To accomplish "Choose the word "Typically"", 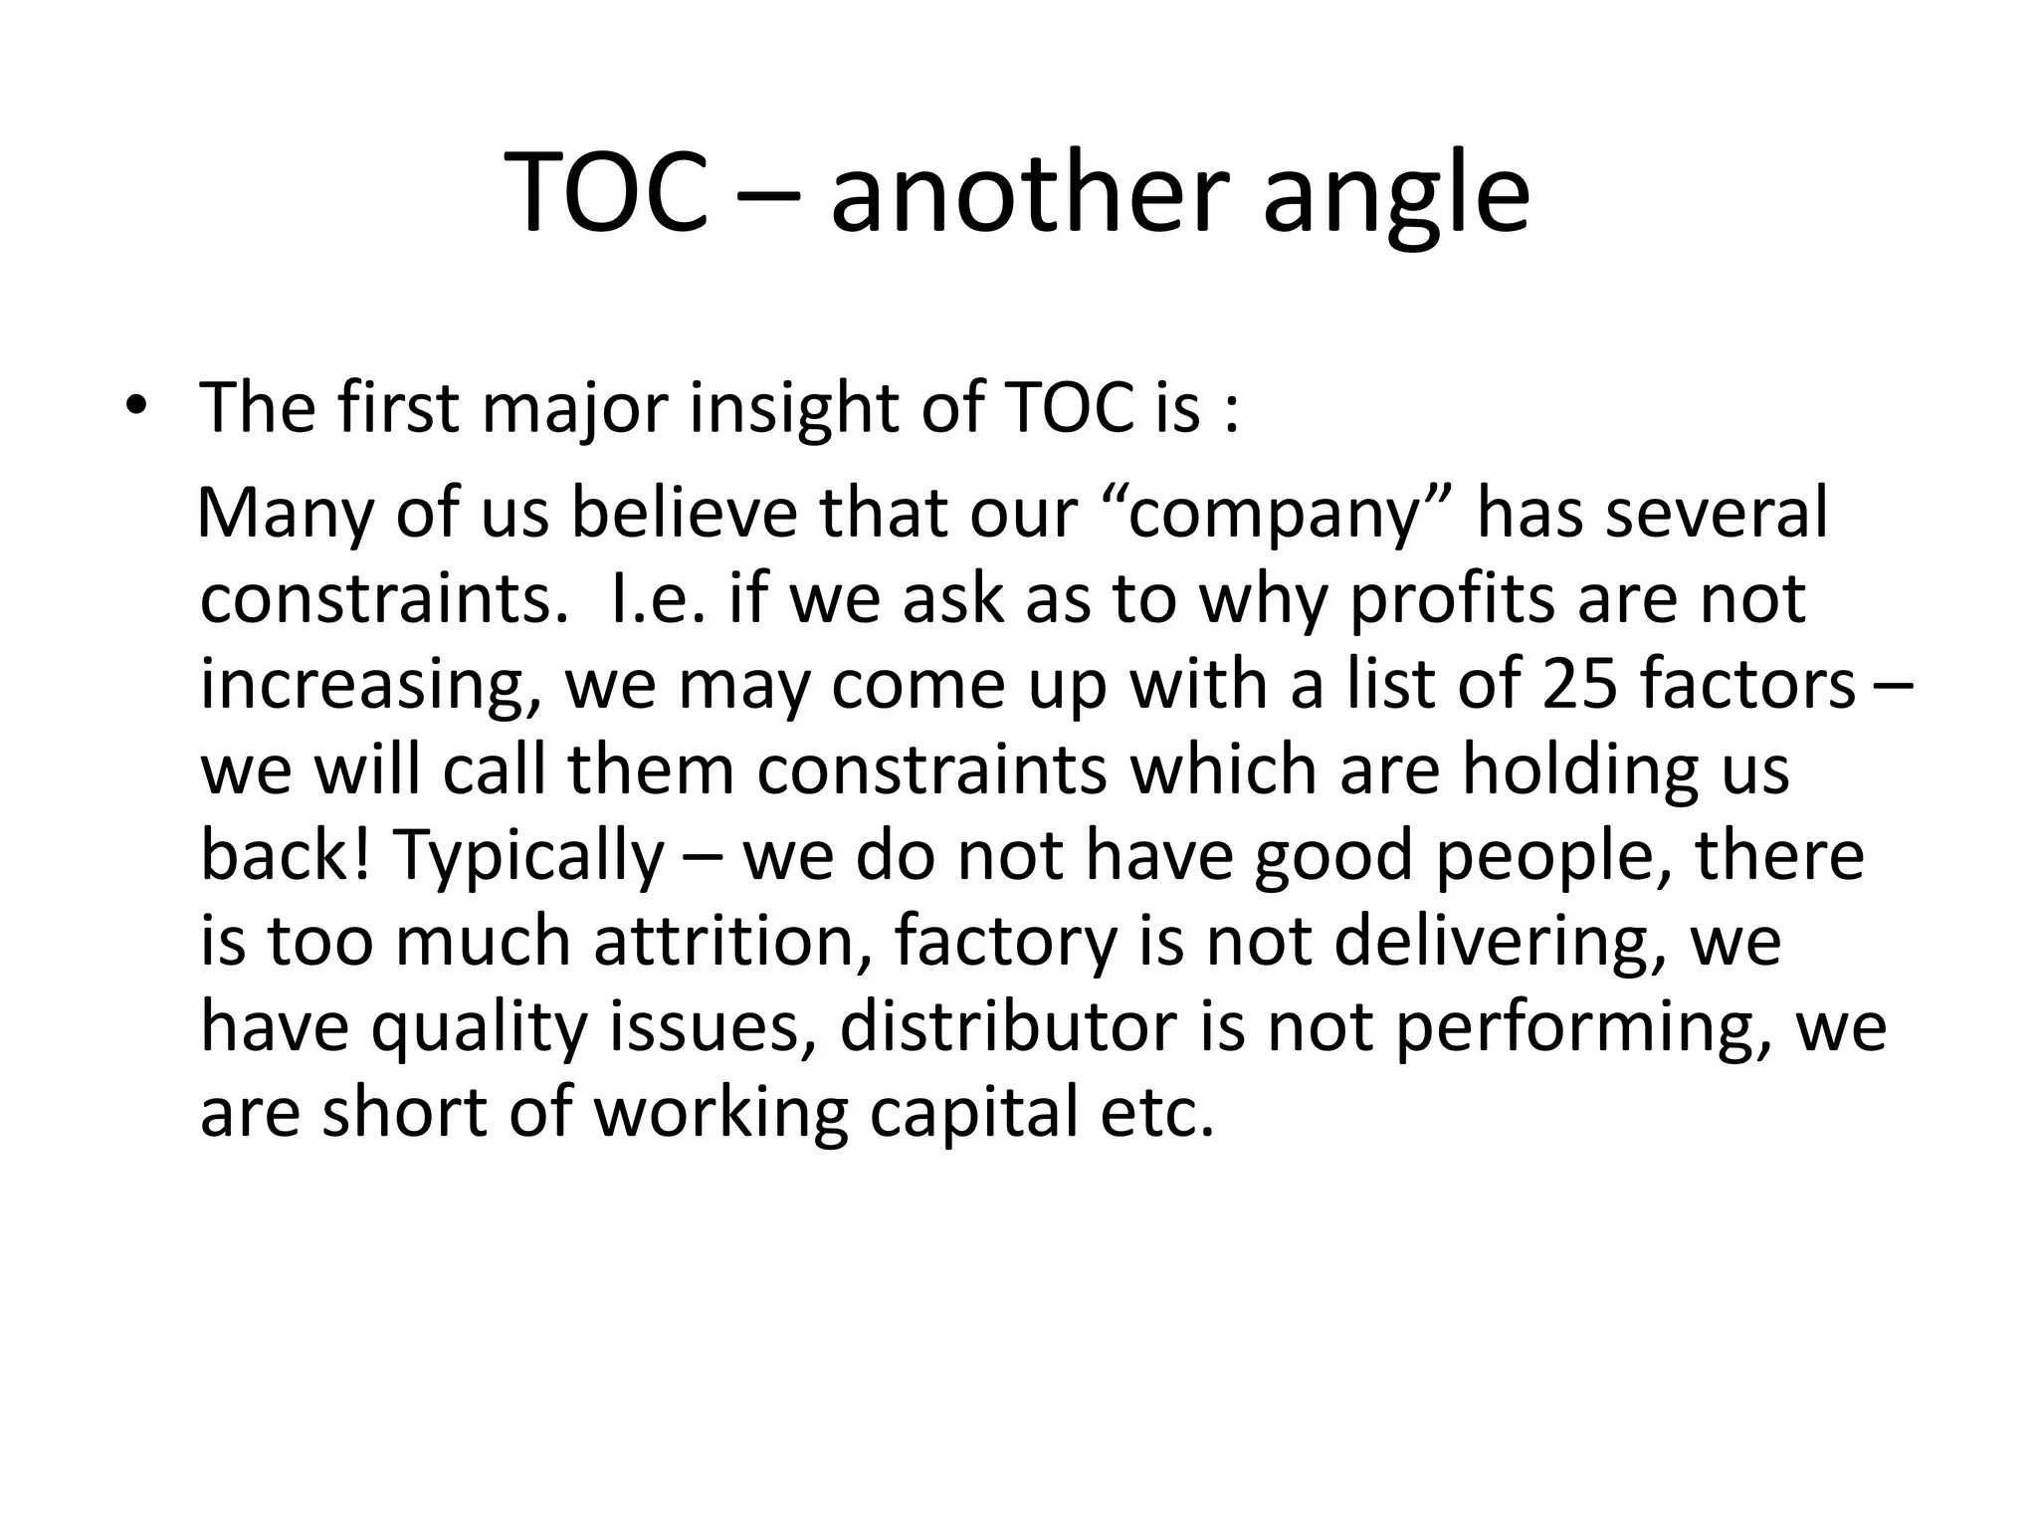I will [528, 856].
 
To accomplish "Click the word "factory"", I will [1005, 942].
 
